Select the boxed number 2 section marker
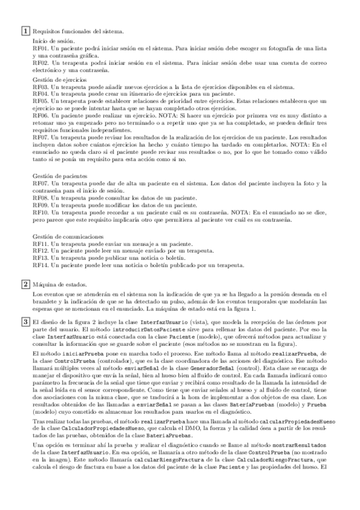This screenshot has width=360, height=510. [26, 283]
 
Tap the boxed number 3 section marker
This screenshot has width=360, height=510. [26, 323]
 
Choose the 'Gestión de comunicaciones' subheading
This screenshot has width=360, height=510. [64, 237]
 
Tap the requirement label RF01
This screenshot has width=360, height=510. [40, 48]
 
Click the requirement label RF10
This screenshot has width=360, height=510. [40, 213]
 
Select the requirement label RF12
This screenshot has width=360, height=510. [40, 251]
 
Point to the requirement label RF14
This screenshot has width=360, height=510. [40, 265]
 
